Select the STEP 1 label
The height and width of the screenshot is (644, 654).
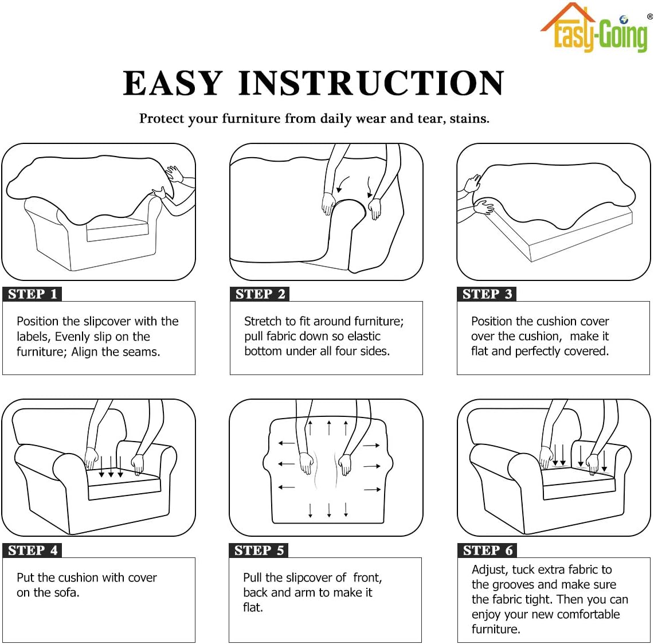pos(32,294)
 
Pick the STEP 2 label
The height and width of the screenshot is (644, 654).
pos(260,294)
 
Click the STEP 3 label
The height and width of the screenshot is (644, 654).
pos(487,294)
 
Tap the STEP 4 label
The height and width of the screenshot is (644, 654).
pos(32,550)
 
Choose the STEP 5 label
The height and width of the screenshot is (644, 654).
pos(259,550)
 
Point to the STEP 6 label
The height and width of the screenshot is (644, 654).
pos(487,550)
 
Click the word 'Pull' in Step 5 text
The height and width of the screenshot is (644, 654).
pos(252,577)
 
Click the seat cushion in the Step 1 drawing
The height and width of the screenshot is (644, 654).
pos(117,228)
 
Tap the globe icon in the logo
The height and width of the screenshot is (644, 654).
pos(624,19)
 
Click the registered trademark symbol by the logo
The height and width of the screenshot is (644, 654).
pos(650,16)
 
